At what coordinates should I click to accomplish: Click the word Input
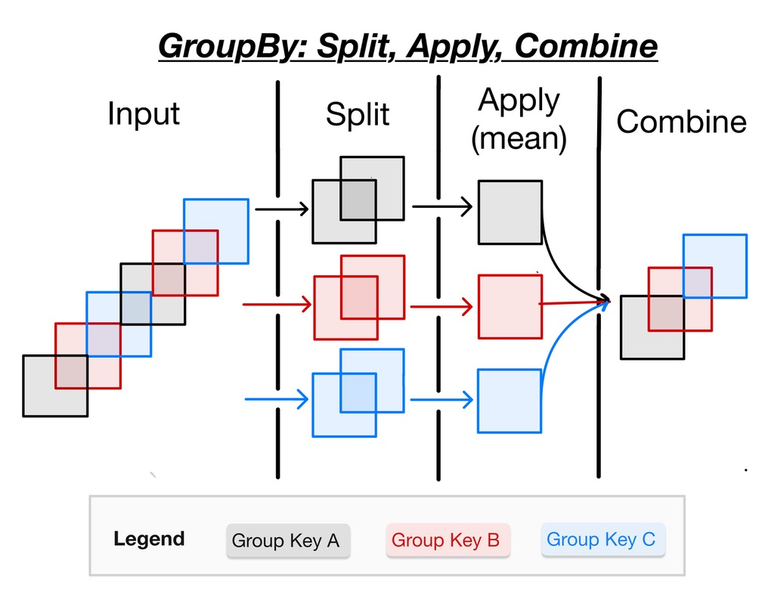pyautogui.click(x=144, y=113)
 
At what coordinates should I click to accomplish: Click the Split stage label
pyautogui.click(x=358, y=114)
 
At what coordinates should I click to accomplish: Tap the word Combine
pyautogui.click(x=681, y=121)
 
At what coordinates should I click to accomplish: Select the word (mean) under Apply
pyautogui.click(x=519, y=140)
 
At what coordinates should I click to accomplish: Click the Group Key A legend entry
pyautogui.click(x=285, y=541)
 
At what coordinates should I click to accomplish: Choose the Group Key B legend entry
pyautogui.click(x=446, y=540)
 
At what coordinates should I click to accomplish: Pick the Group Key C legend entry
pyautogui.click(x=602, y=540)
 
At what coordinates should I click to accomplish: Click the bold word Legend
pyautogui.click(x=149, y=539)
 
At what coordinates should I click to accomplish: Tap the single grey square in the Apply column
pyautogui.click(x=510, y=212)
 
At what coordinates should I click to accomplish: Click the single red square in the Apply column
pyautogui.click(x=510, y=306)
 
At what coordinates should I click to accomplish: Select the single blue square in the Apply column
pyautogui.click(x=509, y=401)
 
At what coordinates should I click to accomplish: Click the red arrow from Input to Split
pyautogui.click(x=276, y=305)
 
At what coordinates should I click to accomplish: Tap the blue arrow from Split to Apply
pyautogui.click(x=441, y=399)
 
